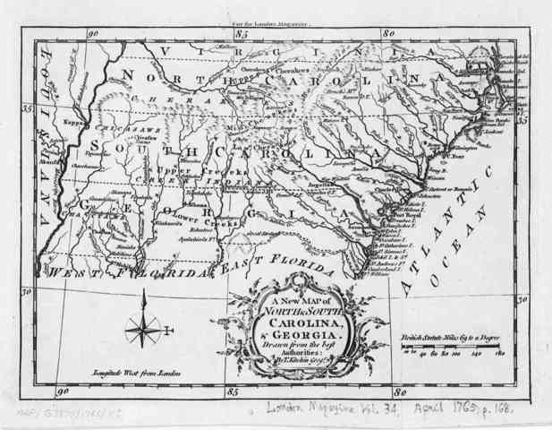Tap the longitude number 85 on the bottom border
231,390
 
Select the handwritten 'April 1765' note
446,410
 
